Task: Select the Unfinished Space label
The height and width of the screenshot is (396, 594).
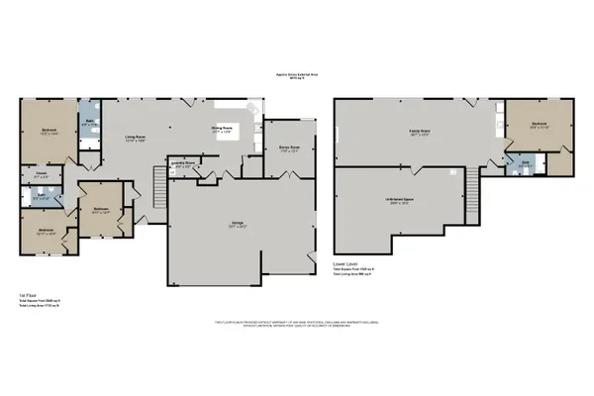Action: pyautogui.click(x=399, y=201)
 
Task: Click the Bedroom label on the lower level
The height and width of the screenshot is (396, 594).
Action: pyautogui.click(x=539, y=126)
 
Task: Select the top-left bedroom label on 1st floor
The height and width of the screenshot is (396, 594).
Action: pyautogui.click(x=49, y=131)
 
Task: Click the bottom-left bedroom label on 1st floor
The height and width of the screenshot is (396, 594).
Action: pyautogui.click(x=47, y=233)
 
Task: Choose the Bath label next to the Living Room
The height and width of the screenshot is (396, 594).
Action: pyautogui.click(x=88, y=123)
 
